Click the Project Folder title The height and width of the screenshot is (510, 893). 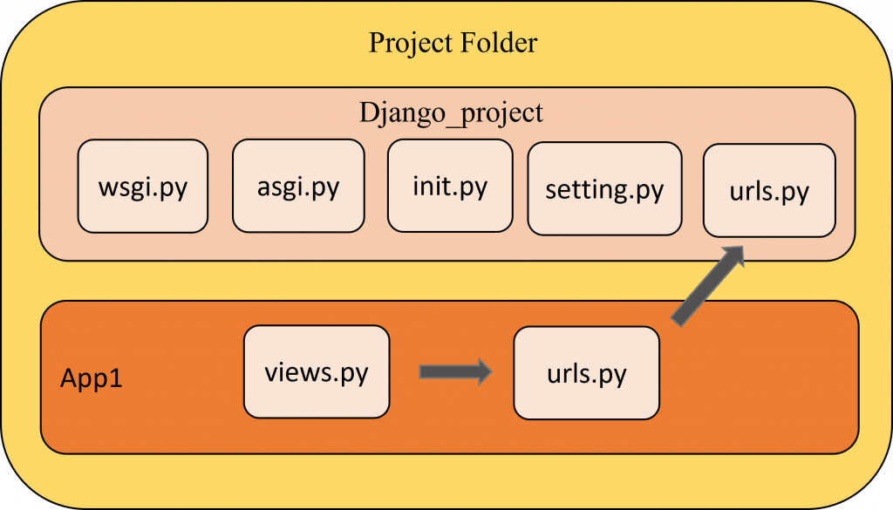point(453,44)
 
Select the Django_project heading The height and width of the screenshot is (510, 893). point(451,112)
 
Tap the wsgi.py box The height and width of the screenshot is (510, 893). point(143,186)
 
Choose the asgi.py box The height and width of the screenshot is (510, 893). point(298,186)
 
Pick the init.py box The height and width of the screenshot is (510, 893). point(450,186)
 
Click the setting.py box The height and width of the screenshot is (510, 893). point(605,189)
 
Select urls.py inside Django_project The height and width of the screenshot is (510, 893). point(769,191)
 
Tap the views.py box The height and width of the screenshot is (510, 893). point(317,371)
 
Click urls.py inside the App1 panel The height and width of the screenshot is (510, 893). point(587,373)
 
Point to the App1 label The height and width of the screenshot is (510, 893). point(91,378)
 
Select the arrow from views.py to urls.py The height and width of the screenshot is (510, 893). point(455,371)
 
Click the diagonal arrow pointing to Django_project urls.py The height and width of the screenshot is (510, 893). point(707,286)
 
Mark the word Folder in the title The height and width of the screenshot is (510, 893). point(499,44)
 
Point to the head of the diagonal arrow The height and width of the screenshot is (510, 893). point(745,246)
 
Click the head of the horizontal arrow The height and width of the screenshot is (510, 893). point(492,371)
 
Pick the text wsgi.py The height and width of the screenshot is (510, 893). point(143,187)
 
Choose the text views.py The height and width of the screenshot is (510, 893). point(317,373)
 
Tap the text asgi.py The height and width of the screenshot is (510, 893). point(298,187)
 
